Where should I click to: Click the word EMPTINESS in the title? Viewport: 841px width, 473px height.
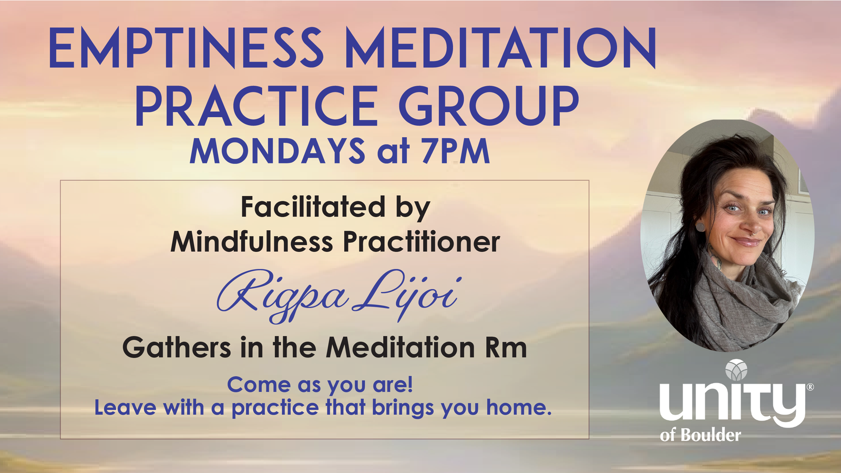tap(186, 48)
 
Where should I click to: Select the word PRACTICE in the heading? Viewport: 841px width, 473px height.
tap(257, 106)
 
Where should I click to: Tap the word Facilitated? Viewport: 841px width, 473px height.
tap(313, 207)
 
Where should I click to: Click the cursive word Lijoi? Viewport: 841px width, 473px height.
tap(407, 295)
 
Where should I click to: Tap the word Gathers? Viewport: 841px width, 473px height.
tap(177, 347)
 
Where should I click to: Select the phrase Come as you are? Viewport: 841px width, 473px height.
tap(320, 385)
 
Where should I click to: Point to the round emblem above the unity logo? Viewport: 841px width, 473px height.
tap(736, 370)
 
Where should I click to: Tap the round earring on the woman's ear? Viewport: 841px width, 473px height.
tap(701, 227)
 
